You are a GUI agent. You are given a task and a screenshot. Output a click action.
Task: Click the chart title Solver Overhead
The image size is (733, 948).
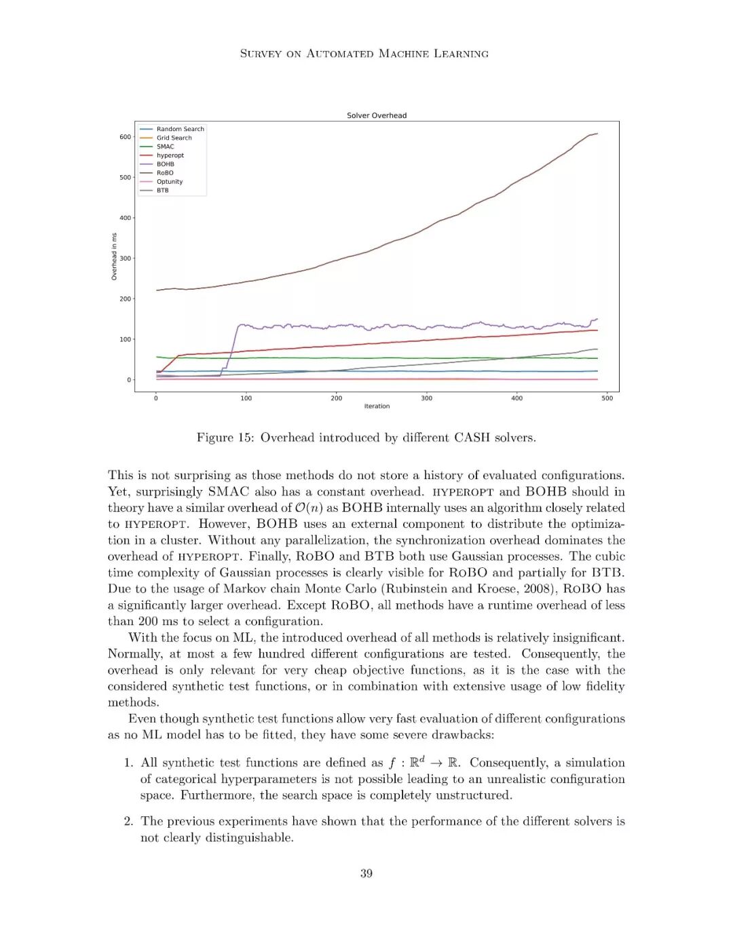click(377, 115)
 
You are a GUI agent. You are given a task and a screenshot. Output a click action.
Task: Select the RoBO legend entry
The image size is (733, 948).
click(165, 173)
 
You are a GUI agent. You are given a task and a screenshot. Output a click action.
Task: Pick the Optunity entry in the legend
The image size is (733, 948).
click(170, 182)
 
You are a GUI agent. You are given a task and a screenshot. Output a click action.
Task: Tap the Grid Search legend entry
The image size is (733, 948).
click(174, 138)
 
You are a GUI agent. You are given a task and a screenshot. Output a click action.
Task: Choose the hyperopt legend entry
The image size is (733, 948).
click(170, 155)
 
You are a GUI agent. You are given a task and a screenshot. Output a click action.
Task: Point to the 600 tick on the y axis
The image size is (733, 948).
click(126, 137)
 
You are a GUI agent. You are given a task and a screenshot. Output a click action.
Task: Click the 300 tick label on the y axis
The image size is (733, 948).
click(126, 259)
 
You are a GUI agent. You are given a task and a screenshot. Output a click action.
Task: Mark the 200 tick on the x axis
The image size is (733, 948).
click(337, 398)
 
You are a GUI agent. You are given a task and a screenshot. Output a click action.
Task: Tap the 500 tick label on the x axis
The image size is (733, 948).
click(607, 398)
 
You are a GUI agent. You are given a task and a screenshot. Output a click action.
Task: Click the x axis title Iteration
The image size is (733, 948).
click(377, 406)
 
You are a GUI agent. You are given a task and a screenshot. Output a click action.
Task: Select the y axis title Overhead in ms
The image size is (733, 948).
click(114, 257)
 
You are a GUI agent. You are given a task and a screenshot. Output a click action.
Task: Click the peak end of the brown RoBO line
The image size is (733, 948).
click(597, 134)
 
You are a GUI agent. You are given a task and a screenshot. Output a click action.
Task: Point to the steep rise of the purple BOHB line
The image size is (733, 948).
click(231, 347)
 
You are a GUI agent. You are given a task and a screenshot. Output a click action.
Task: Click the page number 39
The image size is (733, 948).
click(366, 873)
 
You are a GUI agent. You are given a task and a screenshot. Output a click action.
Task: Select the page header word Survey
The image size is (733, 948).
click(261, 54)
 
